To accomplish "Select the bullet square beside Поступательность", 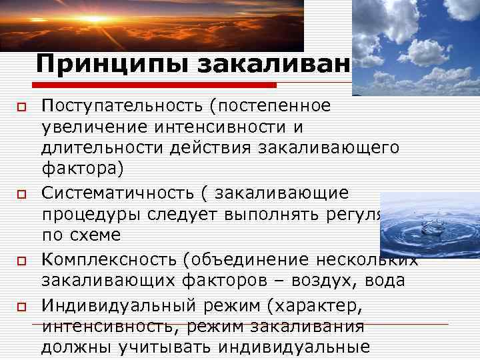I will (x=21, y=107).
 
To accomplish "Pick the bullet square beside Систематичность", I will (x=21, y=194).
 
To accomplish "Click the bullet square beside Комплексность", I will (x=21, y=261).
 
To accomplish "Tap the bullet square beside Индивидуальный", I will (x=21, y=306).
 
